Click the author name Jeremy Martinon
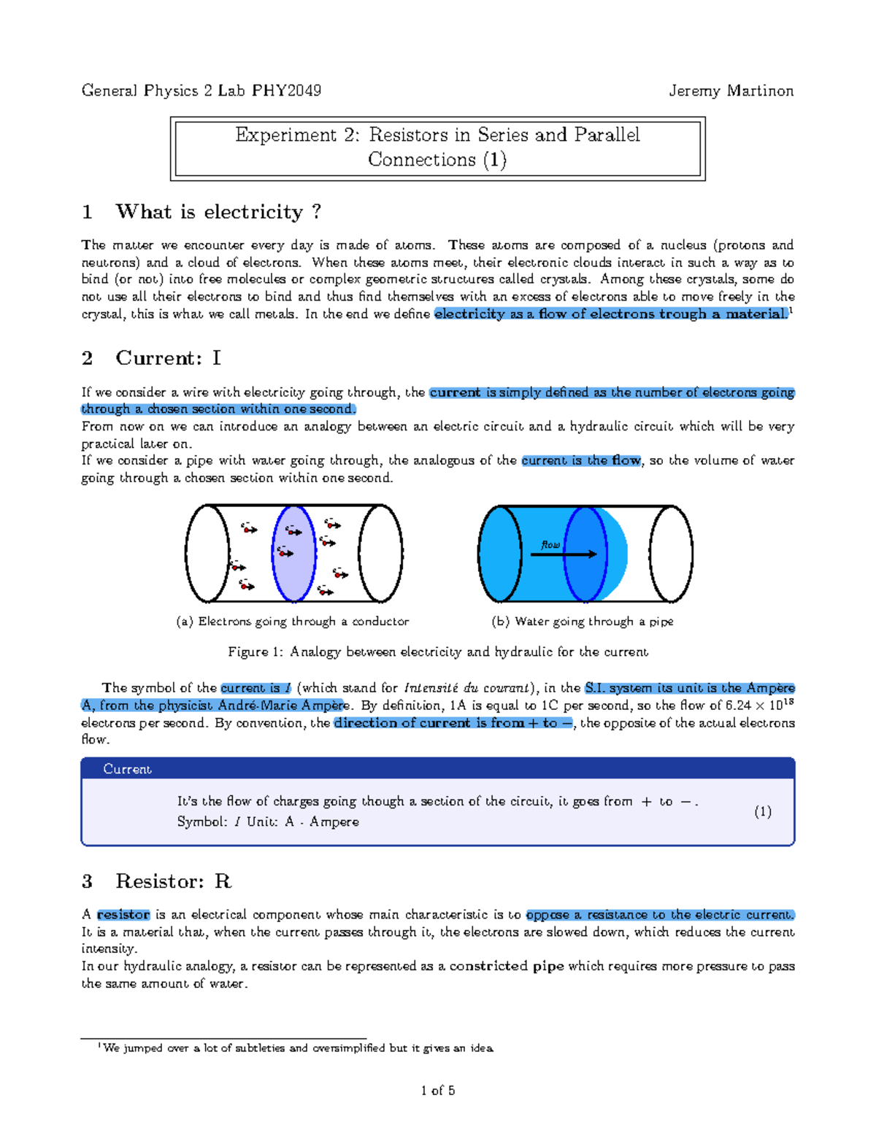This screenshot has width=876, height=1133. coord(731,91)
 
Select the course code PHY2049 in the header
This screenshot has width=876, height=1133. coord(286,91)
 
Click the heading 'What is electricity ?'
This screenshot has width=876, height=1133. coord(218,212)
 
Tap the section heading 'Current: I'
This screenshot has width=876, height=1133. coord(168,358)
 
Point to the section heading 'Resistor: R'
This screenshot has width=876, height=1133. coord(173,881)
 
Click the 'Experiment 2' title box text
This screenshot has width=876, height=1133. coord(437,147)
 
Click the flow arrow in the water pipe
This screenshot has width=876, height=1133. coord(563,554)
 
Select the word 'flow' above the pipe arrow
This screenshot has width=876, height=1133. coord(550,544)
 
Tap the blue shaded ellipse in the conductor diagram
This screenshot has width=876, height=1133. coord(293,554)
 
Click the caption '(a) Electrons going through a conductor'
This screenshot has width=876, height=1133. coord(292,622)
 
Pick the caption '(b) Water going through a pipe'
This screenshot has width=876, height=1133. coord(582,622)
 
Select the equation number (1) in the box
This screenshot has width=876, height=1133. coord(763,811)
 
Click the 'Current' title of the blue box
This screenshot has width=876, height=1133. coord(127,769)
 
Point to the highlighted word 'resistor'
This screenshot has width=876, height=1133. coord(123,915)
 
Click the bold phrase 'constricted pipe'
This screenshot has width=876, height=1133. coord(506,966)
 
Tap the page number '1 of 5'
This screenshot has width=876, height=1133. coord(437,1091)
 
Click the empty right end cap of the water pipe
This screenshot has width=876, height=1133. coord(671,554)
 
